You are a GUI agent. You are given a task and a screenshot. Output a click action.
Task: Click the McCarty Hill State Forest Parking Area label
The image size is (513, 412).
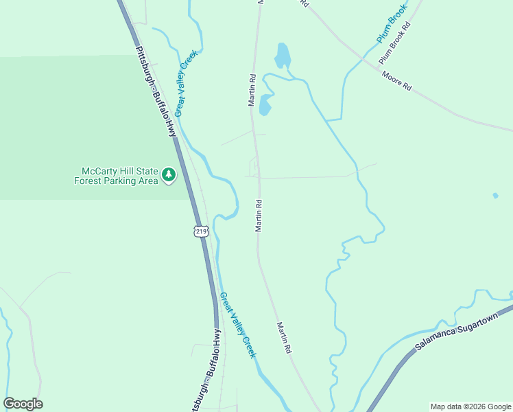(x=117, y=176)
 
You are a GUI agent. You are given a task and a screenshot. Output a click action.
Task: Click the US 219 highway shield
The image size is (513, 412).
(x=200, y=231)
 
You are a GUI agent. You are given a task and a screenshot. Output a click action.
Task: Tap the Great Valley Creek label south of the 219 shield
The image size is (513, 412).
(x=237, y=325)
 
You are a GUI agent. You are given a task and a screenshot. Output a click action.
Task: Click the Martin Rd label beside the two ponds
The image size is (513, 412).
(x=252, y=89)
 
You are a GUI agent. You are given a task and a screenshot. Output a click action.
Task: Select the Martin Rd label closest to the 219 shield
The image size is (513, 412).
(x=259, y=215)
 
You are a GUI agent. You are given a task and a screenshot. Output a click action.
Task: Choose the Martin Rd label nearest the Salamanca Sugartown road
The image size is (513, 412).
(x=284, y=338)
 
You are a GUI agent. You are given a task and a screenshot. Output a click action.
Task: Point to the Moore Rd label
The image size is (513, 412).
(x=396, y=82)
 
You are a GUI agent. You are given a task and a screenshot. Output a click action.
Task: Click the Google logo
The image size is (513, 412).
(x=23, y=404)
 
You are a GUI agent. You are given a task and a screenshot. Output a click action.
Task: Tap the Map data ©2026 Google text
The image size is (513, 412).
(x=470, y=407)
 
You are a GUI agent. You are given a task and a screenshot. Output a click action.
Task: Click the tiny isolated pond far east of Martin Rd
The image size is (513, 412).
(x=495, y=196)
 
